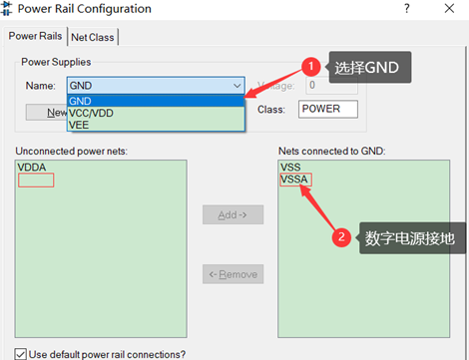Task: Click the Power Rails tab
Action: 36,37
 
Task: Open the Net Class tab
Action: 93,37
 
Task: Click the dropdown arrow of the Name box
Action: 235,86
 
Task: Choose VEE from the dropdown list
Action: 80,126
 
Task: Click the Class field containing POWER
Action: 326,109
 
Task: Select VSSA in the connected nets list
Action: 296,180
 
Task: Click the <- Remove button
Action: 233,274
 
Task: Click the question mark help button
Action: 378,9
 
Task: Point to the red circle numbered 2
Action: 341,237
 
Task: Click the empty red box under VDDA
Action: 36,180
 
